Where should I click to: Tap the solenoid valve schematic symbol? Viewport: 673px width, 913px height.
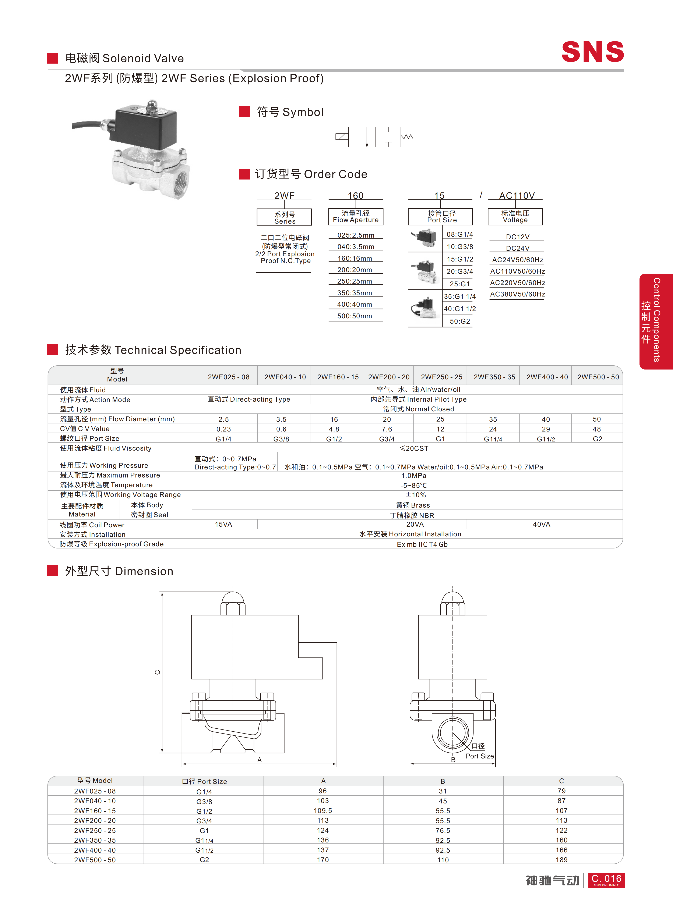coord(374,137)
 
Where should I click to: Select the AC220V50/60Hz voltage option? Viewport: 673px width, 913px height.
coord(517,283)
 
